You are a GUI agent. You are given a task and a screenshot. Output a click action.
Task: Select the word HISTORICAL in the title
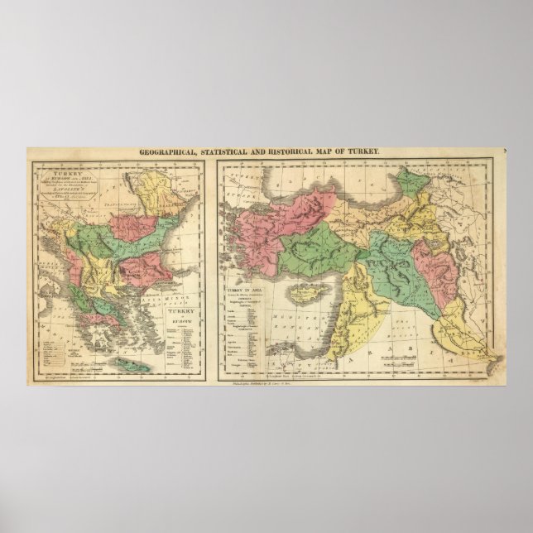(285, 153)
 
